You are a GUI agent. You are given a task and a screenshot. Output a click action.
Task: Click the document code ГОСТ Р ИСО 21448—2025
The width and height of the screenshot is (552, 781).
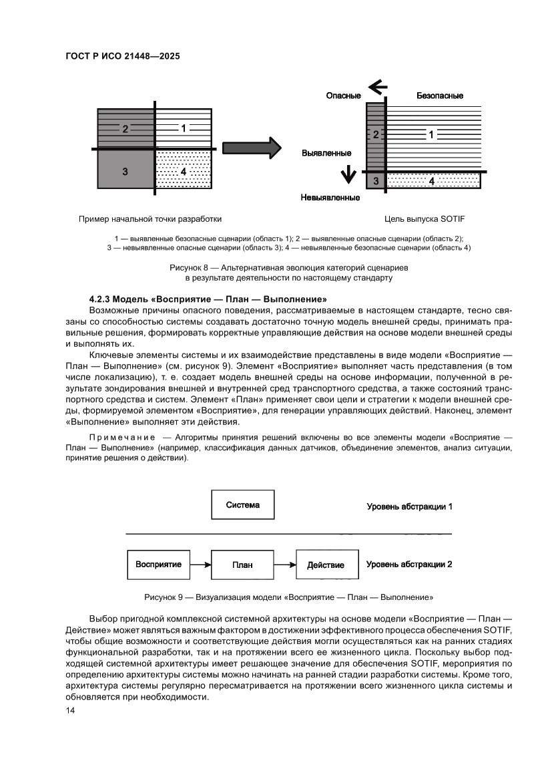click(x=122, y=57)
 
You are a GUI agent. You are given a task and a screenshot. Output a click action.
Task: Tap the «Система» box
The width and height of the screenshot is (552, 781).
click(x=242, y=505)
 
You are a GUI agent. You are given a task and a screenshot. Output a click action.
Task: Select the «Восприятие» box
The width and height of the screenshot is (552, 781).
click(x=158, y=565)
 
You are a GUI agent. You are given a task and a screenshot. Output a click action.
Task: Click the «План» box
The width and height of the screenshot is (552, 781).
click(x=242, y=565)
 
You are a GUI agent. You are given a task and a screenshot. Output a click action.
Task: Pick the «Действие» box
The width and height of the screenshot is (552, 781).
click(x=326, y=565)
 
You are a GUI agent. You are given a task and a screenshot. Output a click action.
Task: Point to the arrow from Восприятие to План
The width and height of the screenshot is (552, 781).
click(x=200, y=565)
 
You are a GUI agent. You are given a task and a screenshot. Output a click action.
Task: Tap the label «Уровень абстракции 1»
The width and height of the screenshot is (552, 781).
click(x=409, y=506)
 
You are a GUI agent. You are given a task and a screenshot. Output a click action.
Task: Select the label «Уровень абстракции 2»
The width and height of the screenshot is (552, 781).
click(x=409, y=565)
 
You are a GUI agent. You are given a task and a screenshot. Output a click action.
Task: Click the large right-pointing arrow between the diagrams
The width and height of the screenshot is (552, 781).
click(x=250, y=148)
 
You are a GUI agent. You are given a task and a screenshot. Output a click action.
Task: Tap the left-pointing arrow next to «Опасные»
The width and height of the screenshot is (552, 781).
click(x=378, y=86)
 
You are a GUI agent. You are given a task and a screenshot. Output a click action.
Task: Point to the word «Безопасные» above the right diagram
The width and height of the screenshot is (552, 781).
click(x=440, y=96)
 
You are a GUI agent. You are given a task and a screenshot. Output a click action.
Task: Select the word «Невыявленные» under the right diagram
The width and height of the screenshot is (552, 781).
click(x=330, y=198)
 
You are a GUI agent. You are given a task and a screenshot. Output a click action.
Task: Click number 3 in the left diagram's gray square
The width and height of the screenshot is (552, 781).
click(x=125, y=172)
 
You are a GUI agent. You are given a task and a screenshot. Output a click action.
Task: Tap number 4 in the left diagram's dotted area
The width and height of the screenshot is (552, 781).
click(x=184, y=172)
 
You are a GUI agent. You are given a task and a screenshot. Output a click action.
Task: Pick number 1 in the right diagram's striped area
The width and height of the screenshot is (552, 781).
click(x=431, y=135)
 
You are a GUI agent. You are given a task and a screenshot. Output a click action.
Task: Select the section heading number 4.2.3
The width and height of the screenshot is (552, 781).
click(x=101, y=298)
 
